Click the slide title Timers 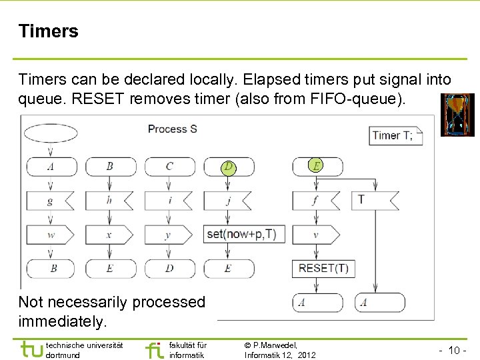[49, 31]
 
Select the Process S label [172, 129]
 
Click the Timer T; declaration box [396, 135]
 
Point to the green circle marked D [229, 165]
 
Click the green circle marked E [315, 165]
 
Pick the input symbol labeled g [51, 199]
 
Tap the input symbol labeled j [229, 199]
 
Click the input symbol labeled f [315, 199]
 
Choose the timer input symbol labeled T [373, 199]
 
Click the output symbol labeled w [51, 234]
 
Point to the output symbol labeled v [315, 234]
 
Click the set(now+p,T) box [241, 234]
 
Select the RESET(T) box [323, 269]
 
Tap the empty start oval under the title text [51, 132]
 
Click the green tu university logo [31, 349]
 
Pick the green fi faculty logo [154, 349]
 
